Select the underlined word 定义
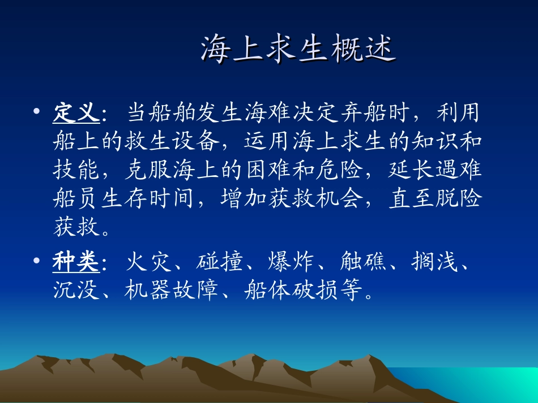tap(76, 113)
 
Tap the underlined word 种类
tap(76, 262)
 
